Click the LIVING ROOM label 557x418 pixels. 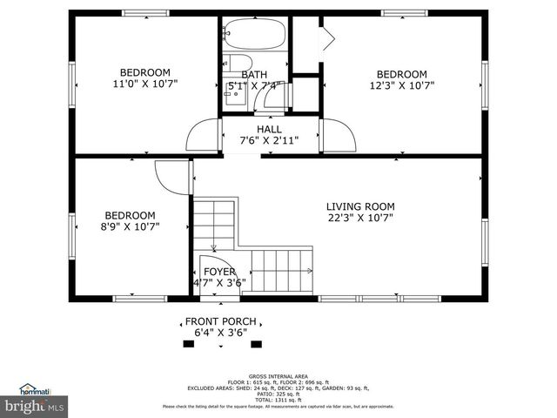click(360, 206)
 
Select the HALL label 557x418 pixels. click(268, 129)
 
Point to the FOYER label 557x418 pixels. click(219, 272)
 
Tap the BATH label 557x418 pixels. click(254, 75)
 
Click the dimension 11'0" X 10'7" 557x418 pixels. click(144, 85)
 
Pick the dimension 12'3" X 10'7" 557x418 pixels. click(401, 85)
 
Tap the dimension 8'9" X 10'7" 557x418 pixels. click(131, 226)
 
